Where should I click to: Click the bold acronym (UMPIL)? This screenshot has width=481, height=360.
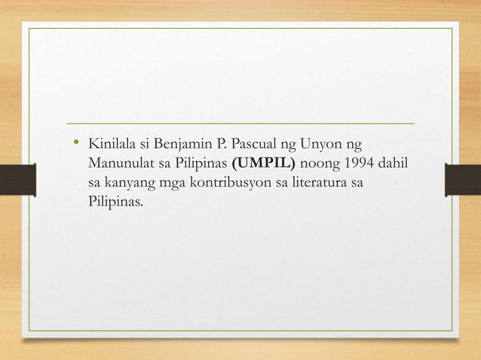click(x=265, y=163)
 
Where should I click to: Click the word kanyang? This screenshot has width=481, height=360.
click(x=129, y=183)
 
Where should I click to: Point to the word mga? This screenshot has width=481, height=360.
click(x=170, y=183)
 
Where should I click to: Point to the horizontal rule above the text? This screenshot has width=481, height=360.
click(x=240, y=122)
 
